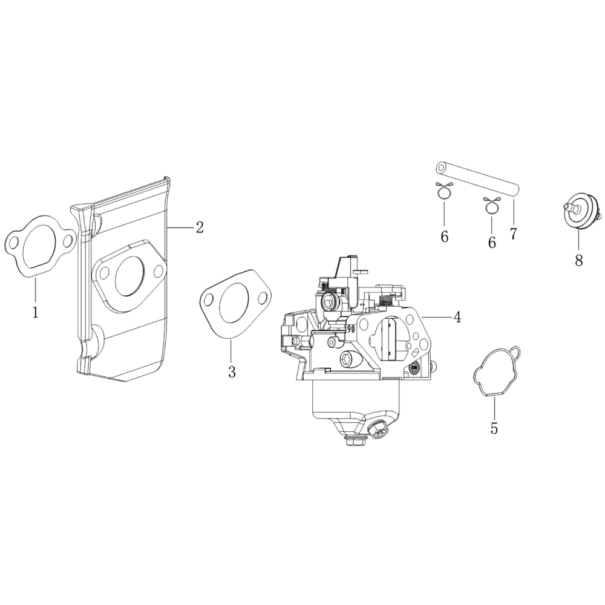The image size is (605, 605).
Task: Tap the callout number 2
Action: (199, 227)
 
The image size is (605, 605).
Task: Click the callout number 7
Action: (513, 234)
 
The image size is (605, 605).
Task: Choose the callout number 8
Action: (579, 260)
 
